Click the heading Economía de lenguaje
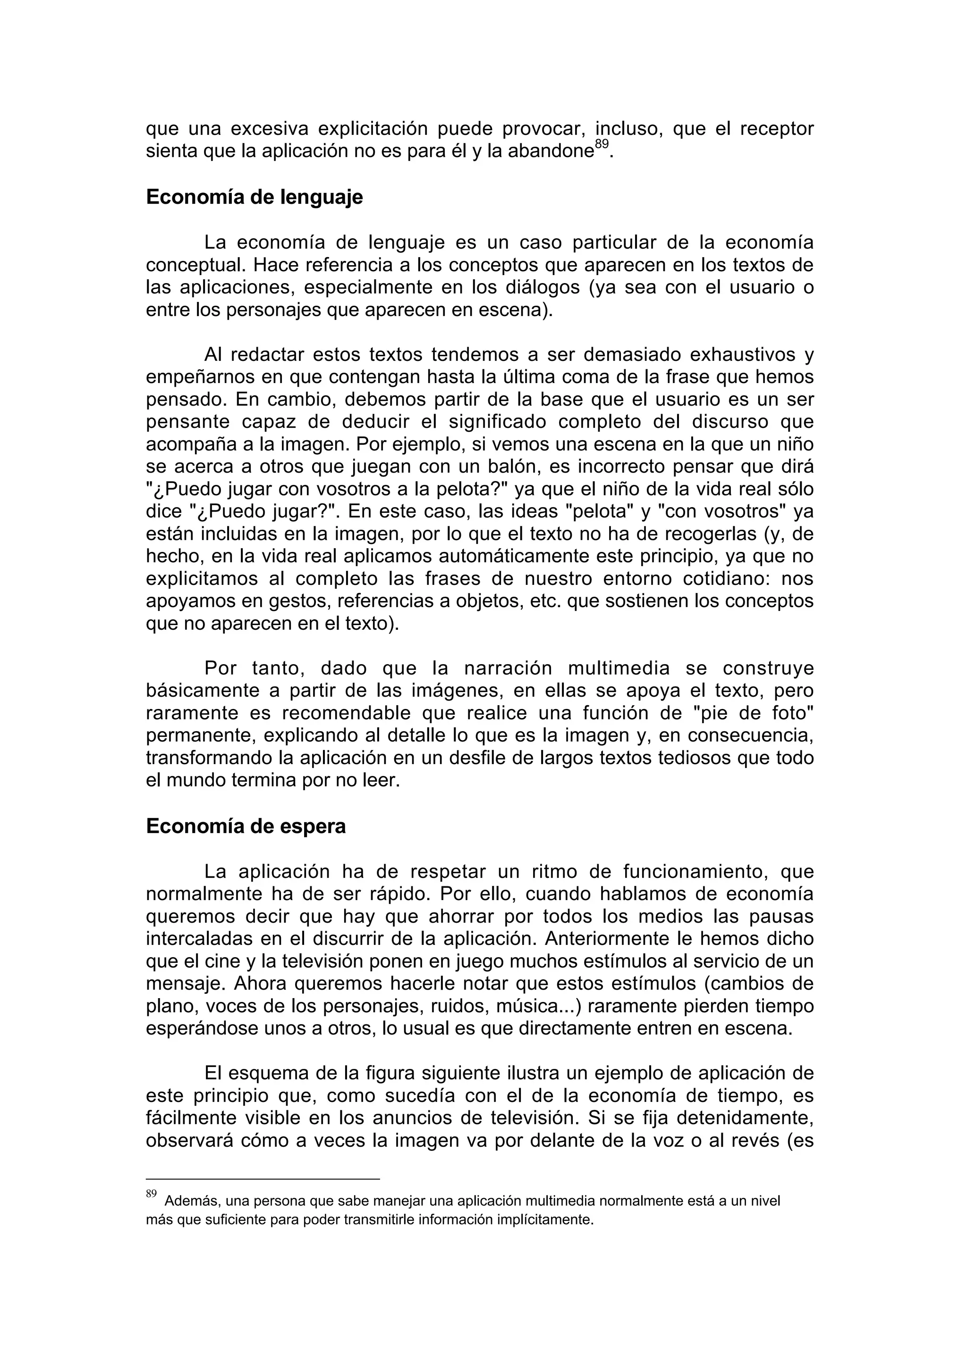(254, 197)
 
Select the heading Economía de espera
(246, 826)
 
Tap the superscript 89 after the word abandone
(601, 144)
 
